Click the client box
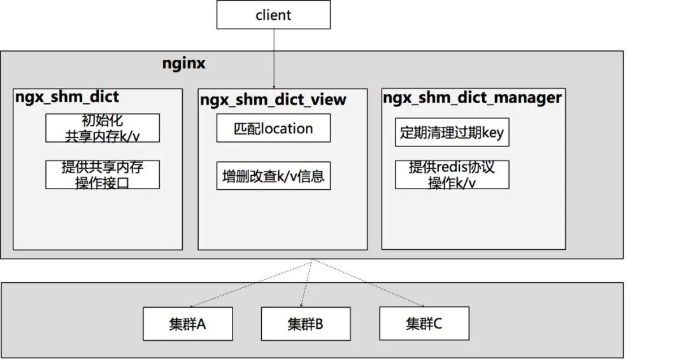[273, 15]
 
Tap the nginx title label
[185, 64]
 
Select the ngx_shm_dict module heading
[67, 97]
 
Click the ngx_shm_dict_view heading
[273, 99]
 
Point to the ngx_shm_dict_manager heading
[472, 97]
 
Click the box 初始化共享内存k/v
[102, 127]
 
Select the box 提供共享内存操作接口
[102, 175]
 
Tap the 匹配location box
[273, 128]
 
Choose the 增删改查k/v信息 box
[273, 175]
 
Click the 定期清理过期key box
[452, 132]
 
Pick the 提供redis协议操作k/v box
[452, 175]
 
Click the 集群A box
[188, 324]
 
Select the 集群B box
[306, 324]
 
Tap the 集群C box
[424, 323]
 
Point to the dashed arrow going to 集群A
[248, 284]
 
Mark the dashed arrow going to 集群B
[308, 284]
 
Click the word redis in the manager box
[456, 168]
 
